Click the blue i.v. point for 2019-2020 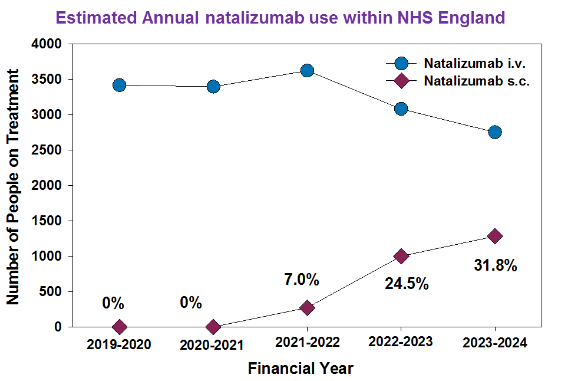119,86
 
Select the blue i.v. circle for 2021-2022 307,71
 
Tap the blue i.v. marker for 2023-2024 495,132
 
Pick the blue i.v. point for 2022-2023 401,109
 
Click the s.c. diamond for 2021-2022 307,307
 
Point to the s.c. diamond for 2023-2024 495,236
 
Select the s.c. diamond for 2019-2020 119,327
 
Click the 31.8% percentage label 496,265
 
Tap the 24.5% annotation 407,284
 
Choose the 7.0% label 302,280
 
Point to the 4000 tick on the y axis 47,44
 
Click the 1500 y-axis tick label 47,221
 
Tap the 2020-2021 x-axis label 212,346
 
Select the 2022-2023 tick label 401,341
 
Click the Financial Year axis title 301,369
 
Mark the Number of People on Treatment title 12,187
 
